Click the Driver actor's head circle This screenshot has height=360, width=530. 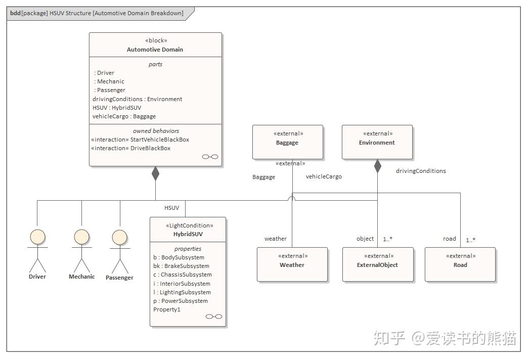[37, 237]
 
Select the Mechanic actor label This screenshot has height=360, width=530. [82, 277]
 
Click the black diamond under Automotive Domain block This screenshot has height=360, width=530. [155, 173]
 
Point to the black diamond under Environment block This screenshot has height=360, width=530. [377, 165]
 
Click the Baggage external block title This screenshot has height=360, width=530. [287, 143]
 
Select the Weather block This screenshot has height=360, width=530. [292, 264]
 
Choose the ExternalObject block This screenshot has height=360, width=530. [378, 264]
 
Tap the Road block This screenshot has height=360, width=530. [460, 264]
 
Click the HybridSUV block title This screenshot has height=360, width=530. [188, 235]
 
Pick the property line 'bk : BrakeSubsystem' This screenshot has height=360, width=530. [181, 266]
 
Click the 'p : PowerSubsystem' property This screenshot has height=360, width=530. [181, 301]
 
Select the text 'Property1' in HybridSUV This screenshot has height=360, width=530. [167, 309]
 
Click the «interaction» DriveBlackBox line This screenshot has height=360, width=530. [130, 148]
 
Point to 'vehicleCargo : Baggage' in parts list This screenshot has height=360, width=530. [124, 116]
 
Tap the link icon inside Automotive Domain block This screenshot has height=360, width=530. [210, 157]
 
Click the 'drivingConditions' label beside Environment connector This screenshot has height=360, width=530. [421, 171]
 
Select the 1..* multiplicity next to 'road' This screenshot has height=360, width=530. [470, 240]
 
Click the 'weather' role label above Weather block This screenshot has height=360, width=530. [276, 239]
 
